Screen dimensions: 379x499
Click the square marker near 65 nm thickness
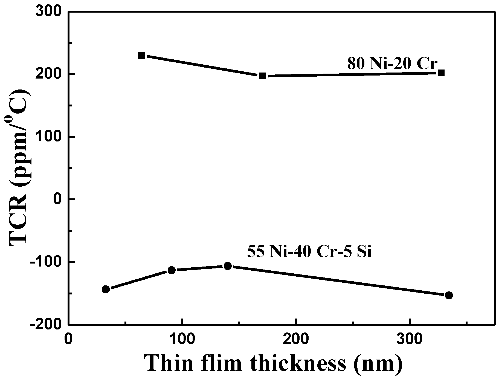141,55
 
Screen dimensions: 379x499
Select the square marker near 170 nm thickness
262,76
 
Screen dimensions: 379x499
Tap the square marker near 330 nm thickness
441,73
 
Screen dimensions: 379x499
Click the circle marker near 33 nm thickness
106,289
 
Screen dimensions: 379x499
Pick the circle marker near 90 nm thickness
172,270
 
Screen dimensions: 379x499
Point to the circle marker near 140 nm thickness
228,266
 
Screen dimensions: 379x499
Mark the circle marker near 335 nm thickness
449,295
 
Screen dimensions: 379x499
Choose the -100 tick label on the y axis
46,262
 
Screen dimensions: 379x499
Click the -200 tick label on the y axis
46,325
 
